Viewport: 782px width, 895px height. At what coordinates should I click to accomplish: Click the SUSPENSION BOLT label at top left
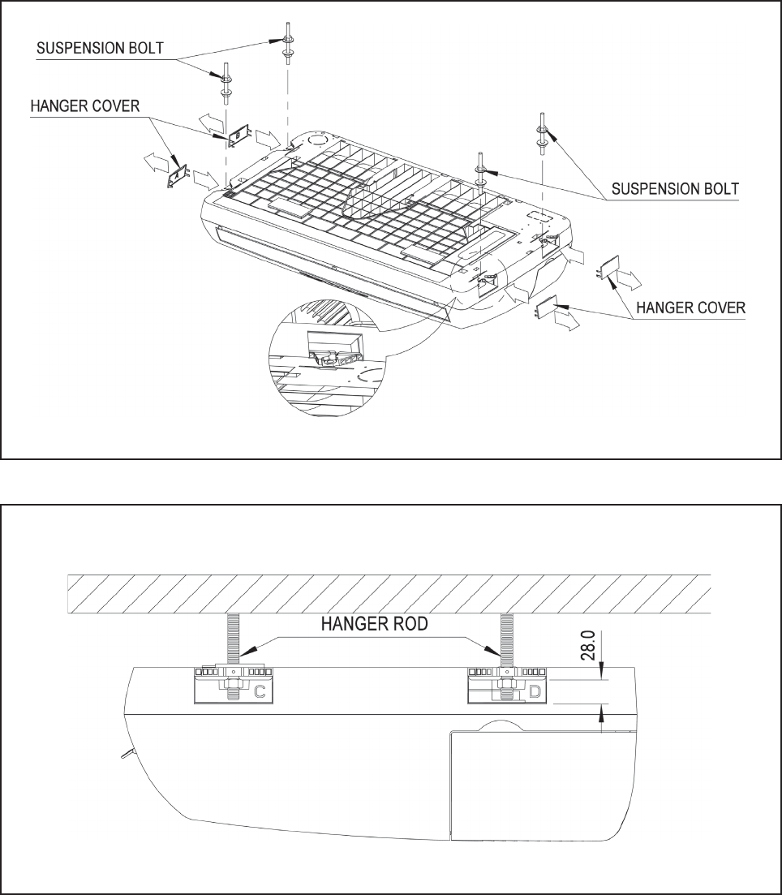(x=100, y=48)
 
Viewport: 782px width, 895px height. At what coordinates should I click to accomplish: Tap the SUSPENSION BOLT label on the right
(x=675, y=189)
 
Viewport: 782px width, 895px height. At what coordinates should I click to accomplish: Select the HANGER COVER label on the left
(x=85, y=106)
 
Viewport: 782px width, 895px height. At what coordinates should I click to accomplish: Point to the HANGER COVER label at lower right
(x=690, y=308)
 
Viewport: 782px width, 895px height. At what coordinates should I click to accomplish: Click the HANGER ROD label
(x=375, y=624)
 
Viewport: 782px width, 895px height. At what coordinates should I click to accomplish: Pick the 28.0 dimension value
(x=590, y=645)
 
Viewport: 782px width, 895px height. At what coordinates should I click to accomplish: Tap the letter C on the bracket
(x=260, y=692)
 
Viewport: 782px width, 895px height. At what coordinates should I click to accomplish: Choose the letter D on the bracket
(x=535, y=692)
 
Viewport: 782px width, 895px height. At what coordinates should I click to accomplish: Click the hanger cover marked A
(x=178, y=176)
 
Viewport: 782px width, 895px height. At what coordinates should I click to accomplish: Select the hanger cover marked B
(x=239, y=136)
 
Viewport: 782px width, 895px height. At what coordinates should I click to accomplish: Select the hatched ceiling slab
(x=389, y=594)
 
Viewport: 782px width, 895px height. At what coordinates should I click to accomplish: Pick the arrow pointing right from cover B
(x=267, y=138)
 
